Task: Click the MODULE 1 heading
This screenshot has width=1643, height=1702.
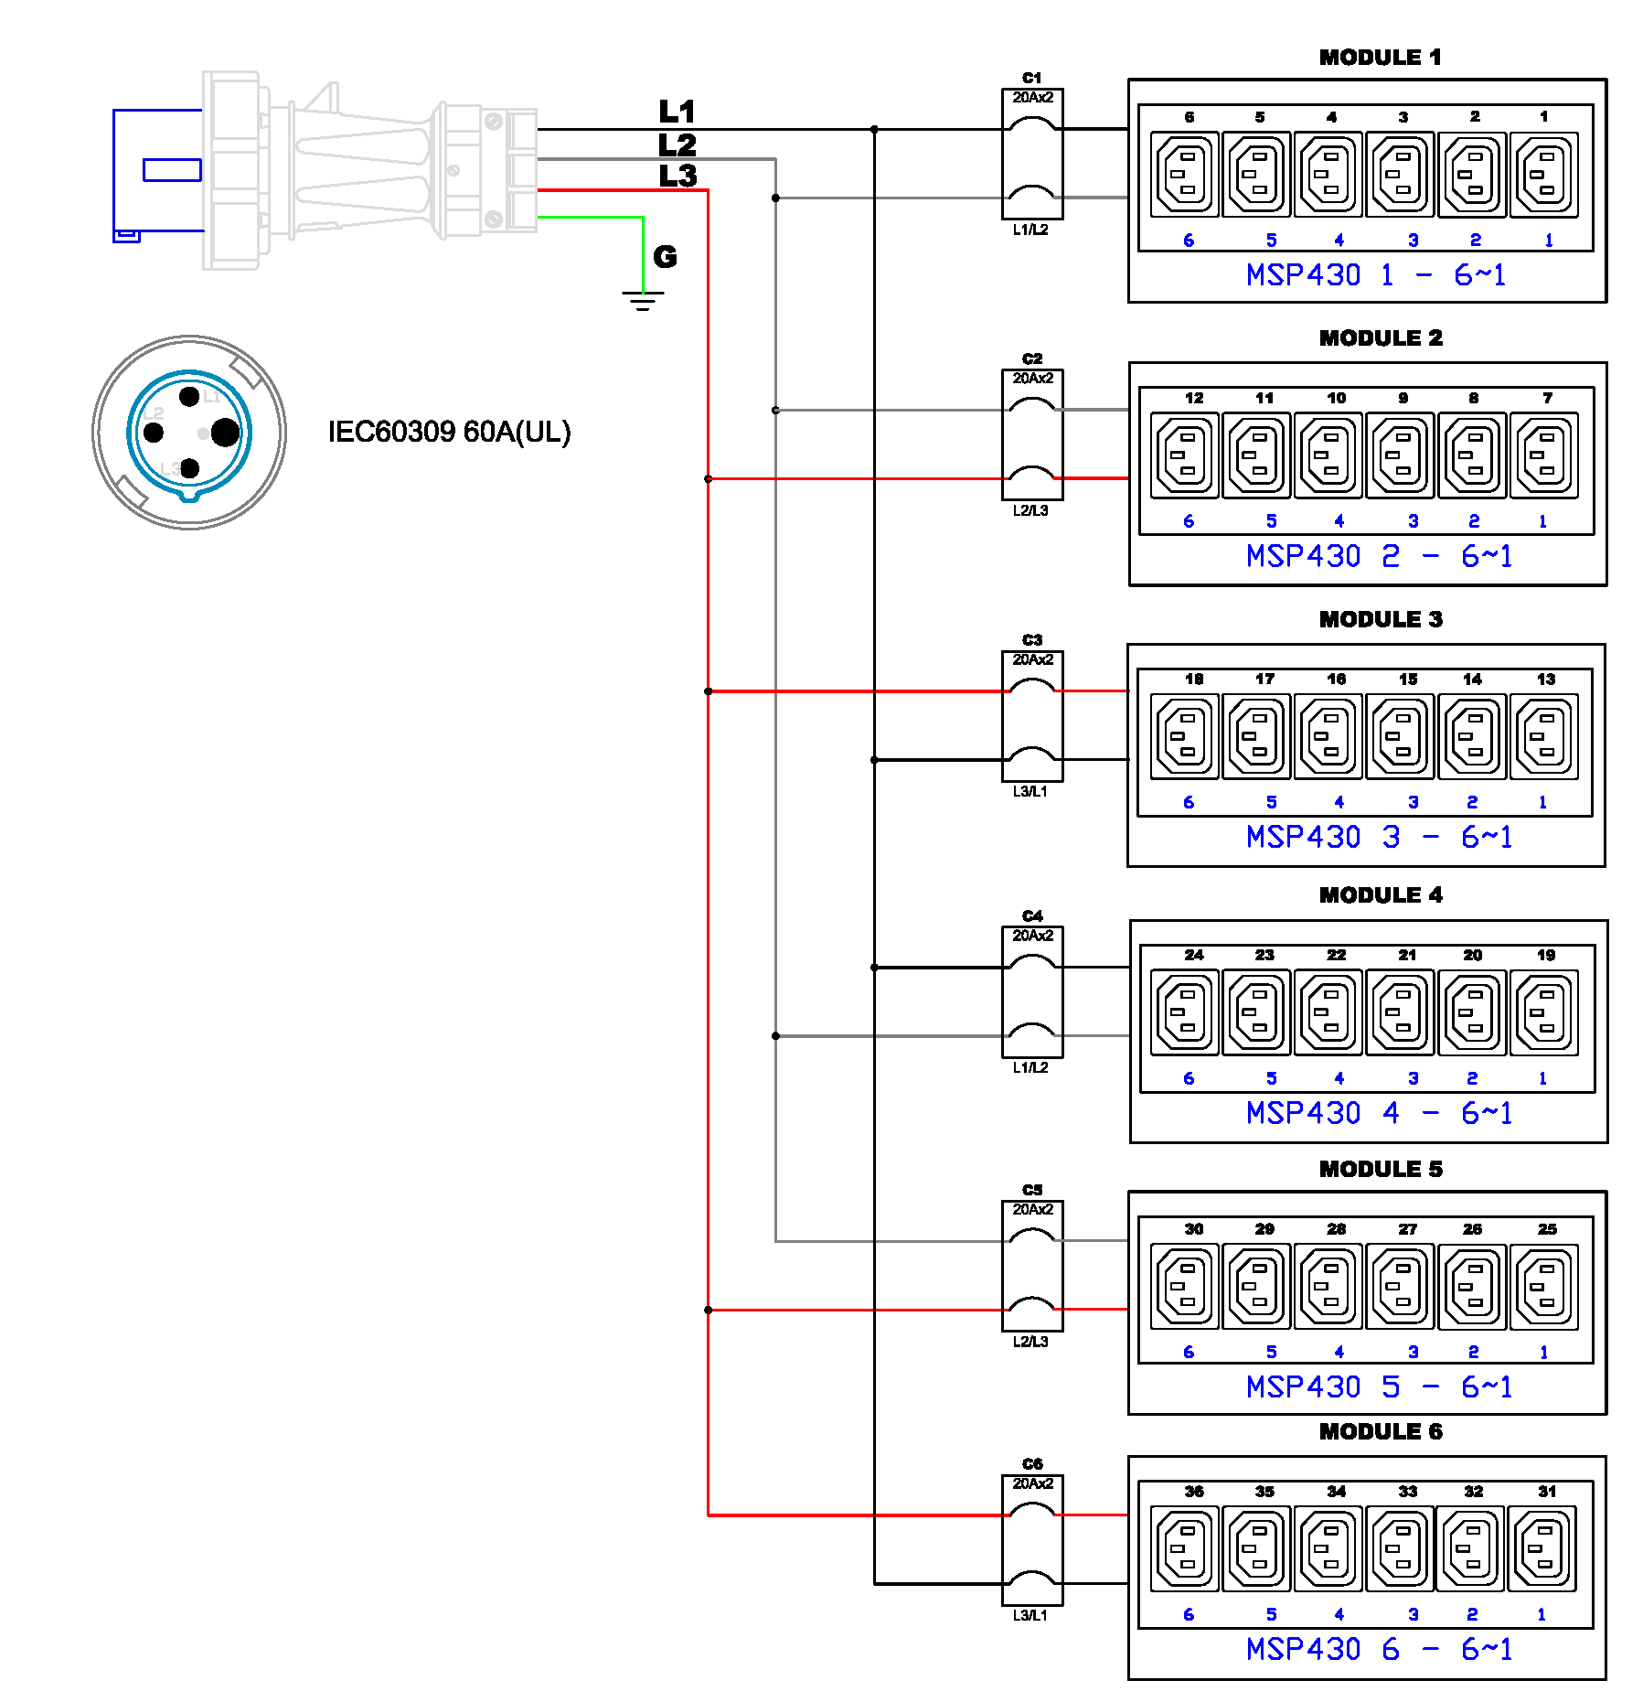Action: click(x=1380, y=58)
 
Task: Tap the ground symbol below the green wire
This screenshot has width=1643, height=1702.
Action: click(x=643, y=300)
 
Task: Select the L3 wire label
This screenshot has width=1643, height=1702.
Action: click(x=677, y=176)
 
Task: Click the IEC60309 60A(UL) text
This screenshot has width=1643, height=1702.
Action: click(x=449, y=432)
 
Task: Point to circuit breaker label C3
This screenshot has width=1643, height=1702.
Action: click(x=1032, y=639)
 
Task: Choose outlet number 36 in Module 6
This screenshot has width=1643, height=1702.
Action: click(x=1186, y=1549)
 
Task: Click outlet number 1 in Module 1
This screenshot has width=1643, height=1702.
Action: click(x=1543, y=174)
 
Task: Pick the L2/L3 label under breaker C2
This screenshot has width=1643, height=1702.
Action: click(x=1030, y=510)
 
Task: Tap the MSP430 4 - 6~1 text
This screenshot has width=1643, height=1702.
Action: click(x=1379, y=1113)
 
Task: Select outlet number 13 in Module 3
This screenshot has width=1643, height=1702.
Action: click(x=1543, y=736)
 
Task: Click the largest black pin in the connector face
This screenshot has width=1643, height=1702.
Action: click(x=225, y=433)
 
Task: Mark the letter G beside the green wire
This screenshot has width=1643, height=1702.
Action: click(x=666, y=257)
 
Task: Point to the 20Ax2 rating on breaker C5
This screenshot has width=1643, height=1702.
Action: click(x=1032, y=1209)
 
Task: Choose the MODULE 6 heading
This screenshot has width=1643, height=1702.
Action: click(x=1380, y=1432)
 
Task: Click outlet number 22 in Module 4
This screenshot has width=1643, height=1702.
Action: click(x=1329, y=1012)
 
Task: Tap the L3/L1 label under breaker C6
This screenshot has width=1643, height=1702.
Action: click(x=1030, y=1615)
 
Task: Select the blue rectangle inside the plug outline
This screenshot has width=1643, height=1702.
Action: click(x=172, y=170)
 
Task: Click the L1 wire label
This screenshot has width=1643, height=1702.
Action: click(x=677, y=112)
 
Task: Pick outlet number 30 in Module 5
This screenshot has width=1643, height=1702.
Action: click(x=1186, y=1286)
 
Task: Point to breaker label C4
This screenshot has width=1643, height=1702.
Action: click(x=1032, y=915)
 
